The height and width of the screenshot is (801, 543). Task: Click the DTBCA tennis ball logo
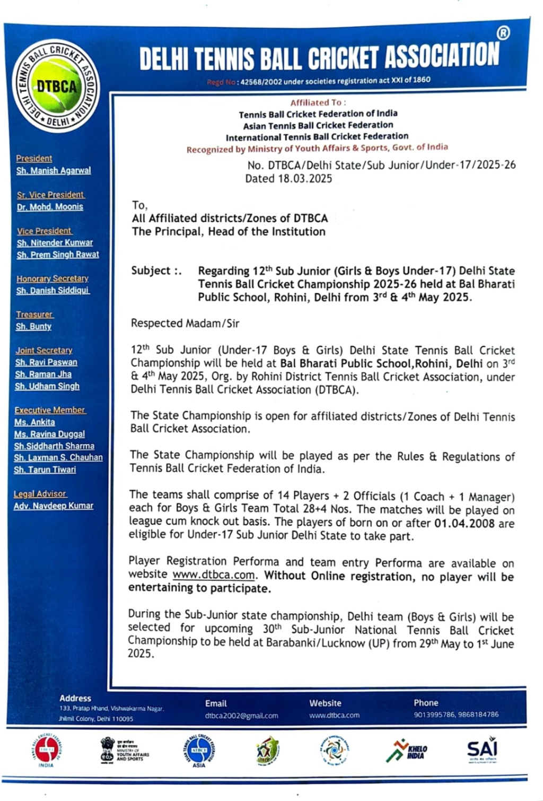(x=57, y=85)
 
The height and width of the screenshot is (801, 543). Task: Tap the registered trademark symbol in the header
(x=503, y=33)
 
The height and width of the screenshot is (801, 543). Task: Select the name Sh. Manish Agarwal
(x=54, y=171)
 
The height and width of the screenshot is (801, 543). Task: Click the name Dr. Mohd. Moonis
(x=50, y=207)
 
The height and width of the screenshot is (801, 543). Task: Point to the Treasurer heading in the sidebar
(x=34, y=315)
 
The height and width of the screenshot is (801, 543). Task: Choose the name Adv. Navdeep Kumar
(x=54, y=506)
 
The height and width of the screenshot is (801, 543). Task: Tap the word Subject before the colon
(x=151, y=271)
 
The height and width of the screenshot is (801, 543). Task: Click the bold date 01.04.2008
(x=464, y=524)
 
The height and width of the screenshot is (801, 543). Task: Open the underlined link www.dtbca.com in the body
(x=214, y=575)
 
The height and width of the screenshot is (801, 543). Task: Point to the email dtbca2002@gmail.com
(x=241, y=716)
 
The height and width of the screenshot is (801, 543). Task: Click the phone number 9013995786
(x=434, y=715)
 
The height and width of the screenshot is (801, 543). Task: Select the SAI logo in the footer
(x=481, y=750)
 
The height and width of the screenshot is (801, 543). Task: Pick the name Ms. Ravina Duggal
(x=50, y=434)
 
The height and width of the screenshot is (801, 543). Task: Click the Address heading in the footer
(x=75, y=698)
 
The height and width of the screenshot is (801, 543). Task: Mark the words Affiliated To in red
(x=316, y=102)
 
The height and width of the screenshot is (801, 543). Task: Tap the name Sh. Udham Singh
(x=47, y=386)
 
